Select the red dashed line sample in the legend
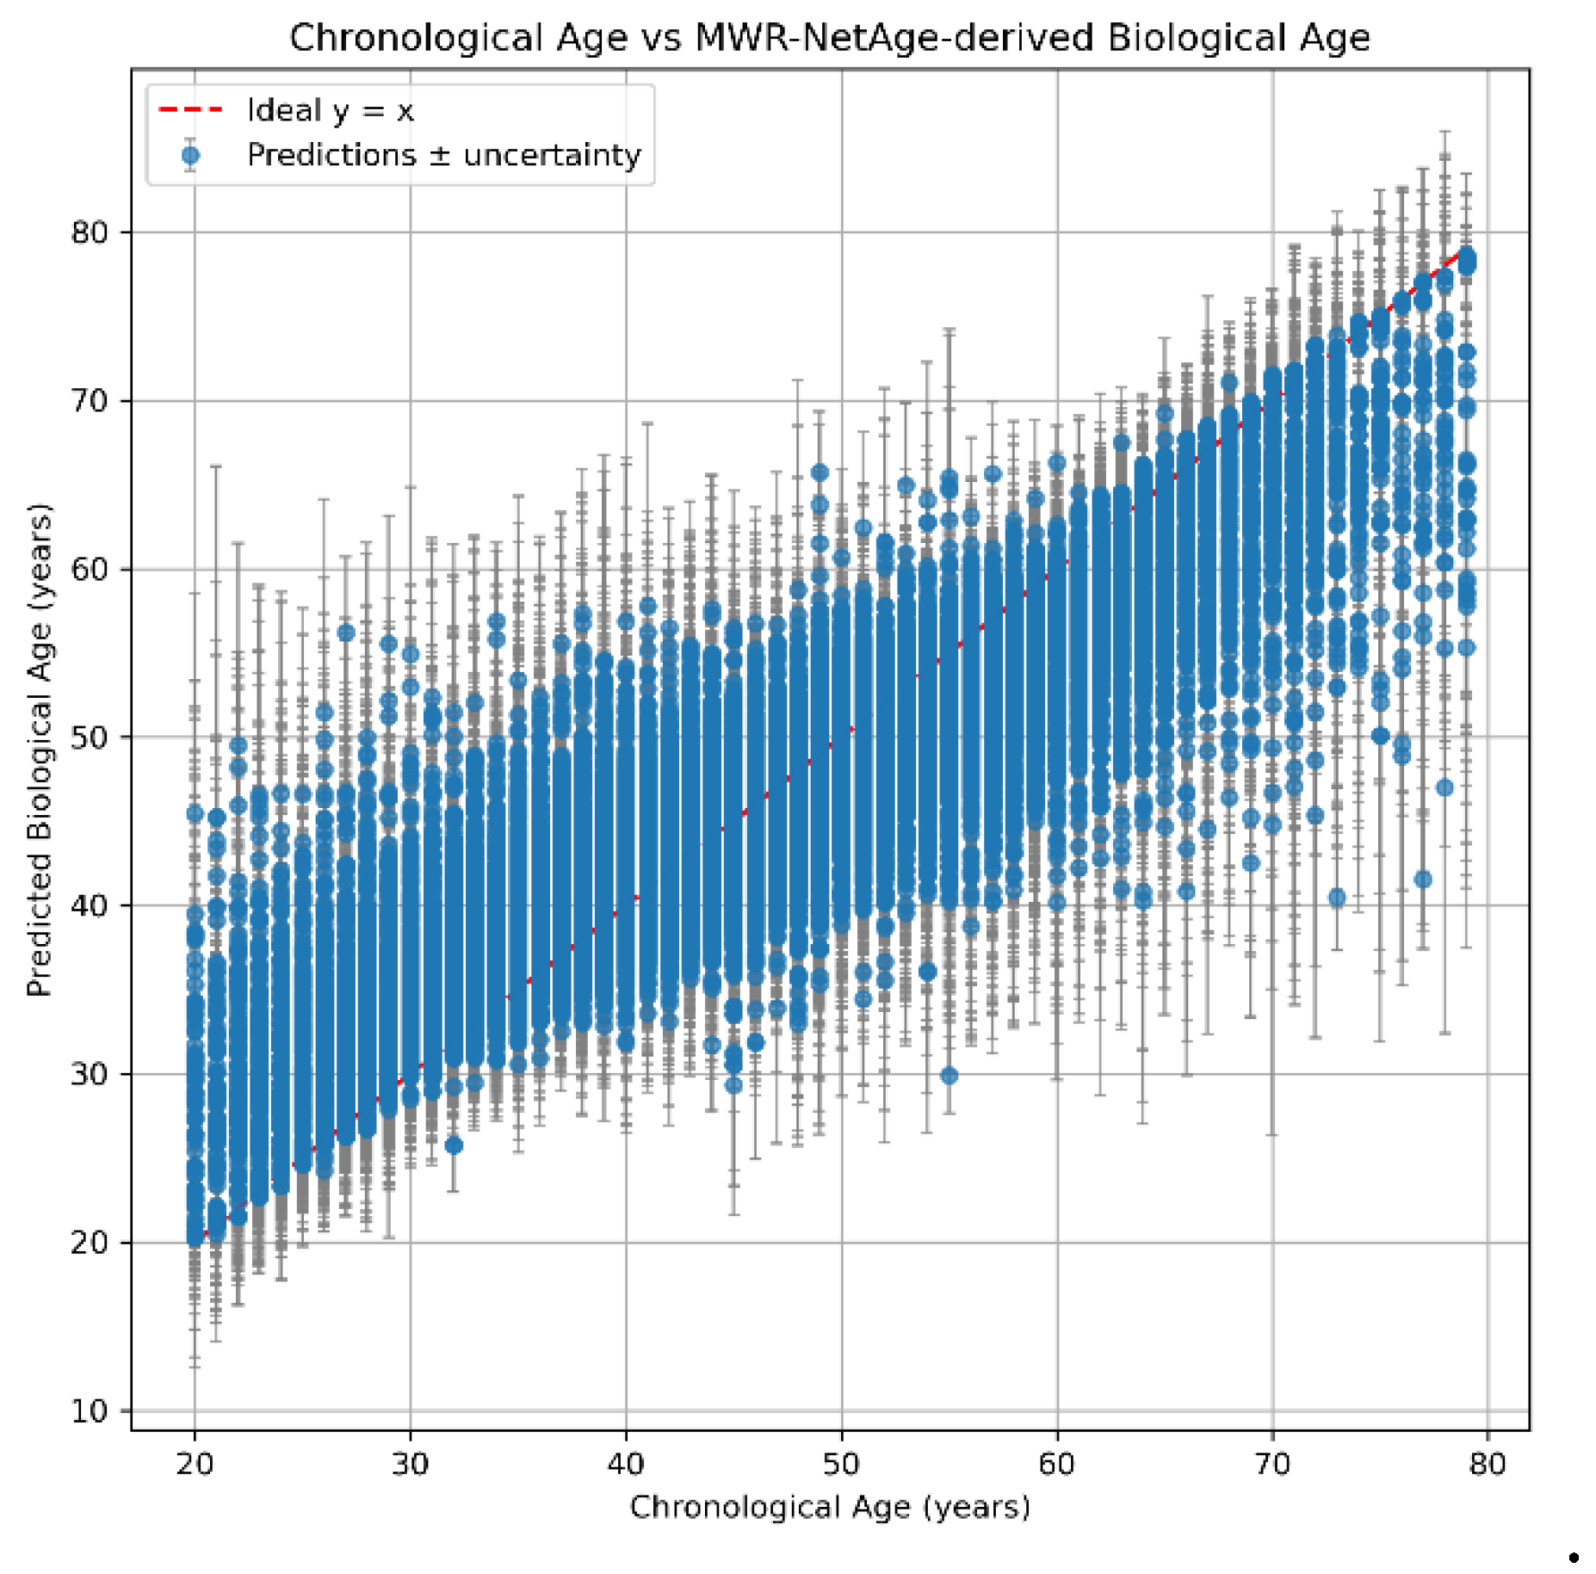click(x=191, y=110)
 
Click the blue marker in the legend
click(x=191, y=156)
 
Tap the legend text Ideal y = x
click(x=331, y=111)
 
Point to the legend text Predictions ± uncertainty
click(x=443, y=156)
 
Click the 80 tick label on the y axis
click(x=90, y=232)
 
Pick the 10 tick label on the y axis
click(x=90, y=1411)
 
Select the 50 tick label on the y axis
click(x=90, y=738)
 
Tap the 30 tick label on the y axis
click(x=90, y=1074)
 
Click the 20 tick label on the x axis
click(x=195, y=1464)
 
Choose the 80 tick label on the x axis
click(x=1488, y=1464)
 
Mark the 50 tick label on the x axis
click(x=841, y=1464)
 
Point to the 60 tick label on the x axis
click(x=1056, y=1464)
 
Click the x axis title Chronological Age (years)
click(x=830, y=1507)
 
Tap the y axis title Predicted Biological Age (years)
click(x=40, y=749)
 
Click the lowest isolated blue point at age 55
click(x=949, y=1075)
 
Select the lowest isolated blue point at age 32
click(x=454, y=1145)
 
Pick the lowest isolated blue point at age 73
click(x=1337, y=898)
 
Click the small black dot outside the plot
click(x=1574, y=1557)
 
